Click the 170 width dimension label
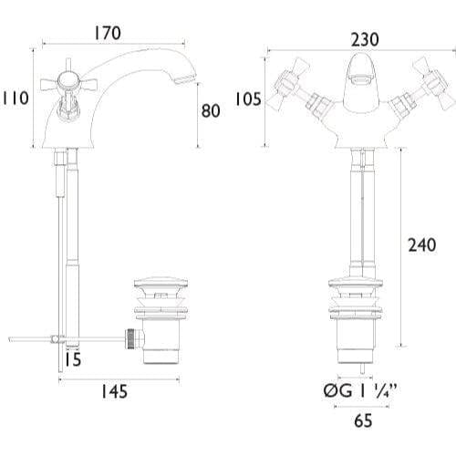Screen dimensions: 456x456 tap(108, 33)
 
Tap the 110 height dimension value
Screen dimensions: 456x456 tap(16, 98)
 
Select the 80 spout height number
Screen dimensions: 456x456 tap(211, 110)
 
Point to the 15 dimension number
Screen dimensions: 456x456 tap(74, 359)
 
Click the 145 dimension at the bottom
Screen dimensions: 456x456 tap(114, 391)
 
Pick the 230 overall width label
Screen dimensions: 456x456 tap(365, 40)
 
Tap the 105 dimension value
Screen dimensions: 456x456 tap(248, 99)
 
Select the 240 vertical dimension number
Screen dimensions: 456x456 tap(422, 245)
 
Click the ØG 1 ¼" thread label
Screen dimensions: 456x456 tap(360, 390)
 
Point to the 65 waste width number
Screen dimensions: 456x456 tap(363, 420)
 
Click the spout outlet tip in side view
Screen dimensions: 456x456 tap(185, 78)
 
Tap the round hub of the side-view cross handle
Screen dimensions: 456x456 tap(67, 80)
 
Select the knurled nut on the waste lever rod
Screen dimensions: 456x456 tap(130, 338)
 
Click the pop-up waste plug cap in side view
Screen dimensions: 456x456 tap(161, 283)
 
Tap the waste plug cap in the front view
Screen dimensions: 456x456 tap(356, 283)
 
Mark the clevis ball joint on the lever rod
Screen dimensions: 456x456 tap(55, 338)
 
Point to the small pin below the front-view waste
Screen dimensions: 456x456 tap(362, 368)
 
